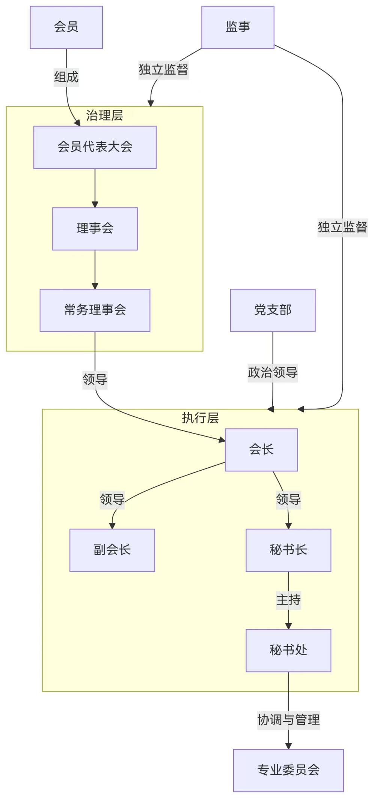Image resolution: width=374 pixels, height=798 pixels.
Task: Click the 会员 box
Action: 66,27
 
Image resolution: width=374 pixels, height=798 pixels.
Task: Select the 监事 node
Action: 238,27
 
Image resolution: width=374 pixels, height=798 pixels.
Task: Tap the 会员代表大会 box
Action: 95,147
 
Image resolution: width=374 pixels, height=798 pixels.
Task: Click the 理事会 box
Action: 95,228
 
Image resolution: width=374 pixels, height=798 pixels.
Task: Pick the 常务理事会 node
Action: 95,310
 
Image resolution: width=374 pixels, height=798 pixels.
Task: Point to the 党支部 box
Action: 273,310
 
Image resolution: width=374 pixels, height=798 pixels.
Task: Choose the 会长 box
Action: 261,450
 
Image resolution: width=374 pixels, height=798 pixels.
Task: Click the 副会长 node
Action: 112,550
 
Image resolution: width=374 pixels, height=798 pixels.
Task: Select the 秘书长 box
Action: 288,550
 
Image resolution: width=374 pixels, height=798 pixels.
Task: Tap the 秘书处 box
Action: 288,650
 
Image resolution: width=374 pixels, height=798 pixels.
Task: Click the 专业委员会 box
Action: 288,770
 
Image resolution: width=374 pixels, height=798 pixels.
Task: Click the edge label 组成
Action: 66,77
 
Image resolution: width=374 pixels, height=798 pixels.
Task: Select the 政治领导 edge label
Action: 273,373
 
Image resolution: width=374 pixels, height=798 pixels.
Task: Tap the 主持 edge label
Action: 288,600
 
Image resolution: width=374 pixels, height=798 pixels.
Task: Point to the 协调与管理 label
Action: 288,720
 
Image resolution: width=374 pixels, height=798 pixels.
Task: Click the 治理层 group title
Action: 104,115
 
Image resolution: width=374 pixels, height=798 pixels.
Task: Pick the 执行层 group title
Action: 200,418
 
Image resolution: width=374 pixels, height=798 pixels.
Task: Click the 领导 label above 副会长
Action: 112,499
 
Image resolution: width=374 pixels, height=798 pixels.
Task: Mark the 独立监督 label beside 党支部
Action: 342,227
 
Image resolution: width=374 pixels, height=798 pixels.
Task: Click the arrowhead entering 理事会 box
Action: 95,204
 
